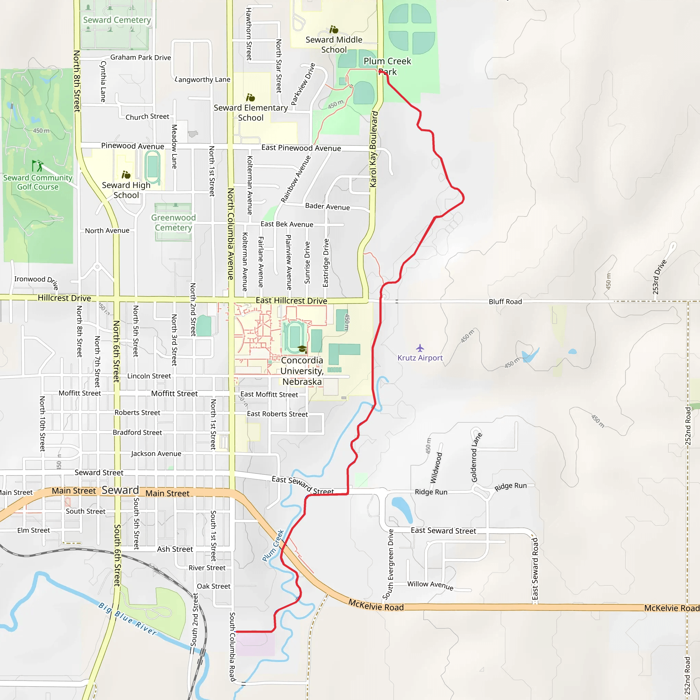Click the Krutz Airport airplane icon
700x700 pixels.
420,348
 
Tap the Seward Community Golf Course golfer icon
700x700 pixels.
37,166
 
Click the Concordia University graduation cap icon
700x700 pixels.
302,349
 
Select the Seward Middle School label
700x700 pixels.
334,45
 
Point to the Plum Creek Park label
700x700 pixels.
387,66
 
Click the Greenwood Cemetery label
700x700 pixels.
173,223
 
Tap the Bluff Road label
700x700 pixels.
505,301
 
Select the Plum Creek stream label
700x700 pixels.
273,545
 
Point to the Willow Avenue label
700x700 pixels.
430,585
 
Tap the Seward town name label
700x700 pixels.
120,490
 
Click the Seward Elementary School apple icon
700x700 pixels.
250,97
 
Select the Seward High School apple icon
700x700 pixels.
126,175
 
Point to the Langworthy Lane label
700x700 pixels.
203,79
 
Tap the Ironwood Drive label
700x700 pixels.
36,281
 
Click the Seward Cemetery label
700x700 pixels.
117,20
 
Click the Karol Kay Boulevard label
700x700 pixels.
374,149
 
